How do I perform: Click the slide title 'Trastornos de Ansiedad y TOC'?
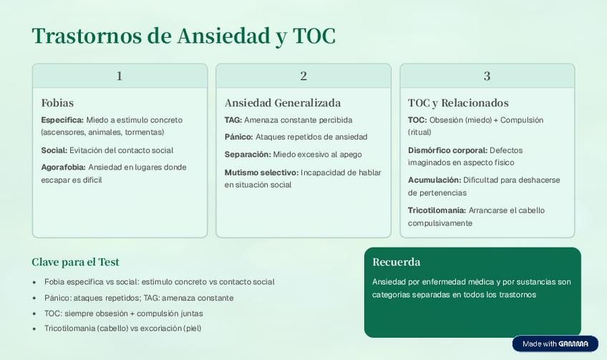point(184,36)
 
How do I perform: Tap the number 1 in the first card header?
point(120,76)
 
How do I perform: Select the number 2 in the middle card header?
point(303,76)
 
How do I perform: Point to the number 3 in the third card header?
point(487,76)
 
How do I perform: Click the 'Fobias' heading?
point(57,103)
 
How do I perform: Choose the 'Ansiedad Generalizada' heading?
point(283,103)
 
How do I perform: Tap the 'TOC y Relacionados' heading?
point(458,103)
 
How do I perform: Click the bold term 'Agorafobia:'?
point(64,167)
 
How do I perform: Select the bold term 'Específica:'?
point(62,120)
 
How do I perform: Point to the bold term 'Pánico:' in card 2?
point(239,137)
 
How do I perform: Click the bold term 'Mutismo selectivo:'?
point(262,172)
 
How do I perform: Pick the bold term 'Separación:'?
point(248,155)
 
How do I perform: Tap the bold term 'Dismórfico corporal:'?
point(448,150)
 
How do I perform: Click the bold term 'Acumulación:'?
point(434,180)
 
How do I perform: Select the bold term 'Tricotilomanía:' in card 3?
point(437,210)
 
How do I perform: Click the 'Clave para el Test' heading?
point(75,262)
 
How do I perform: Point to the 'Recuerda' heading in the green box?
point(397,262)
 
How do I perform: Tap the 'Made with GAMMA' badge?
point(555,344)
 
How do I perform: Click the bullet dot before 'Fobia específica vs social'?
point(34,282)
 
